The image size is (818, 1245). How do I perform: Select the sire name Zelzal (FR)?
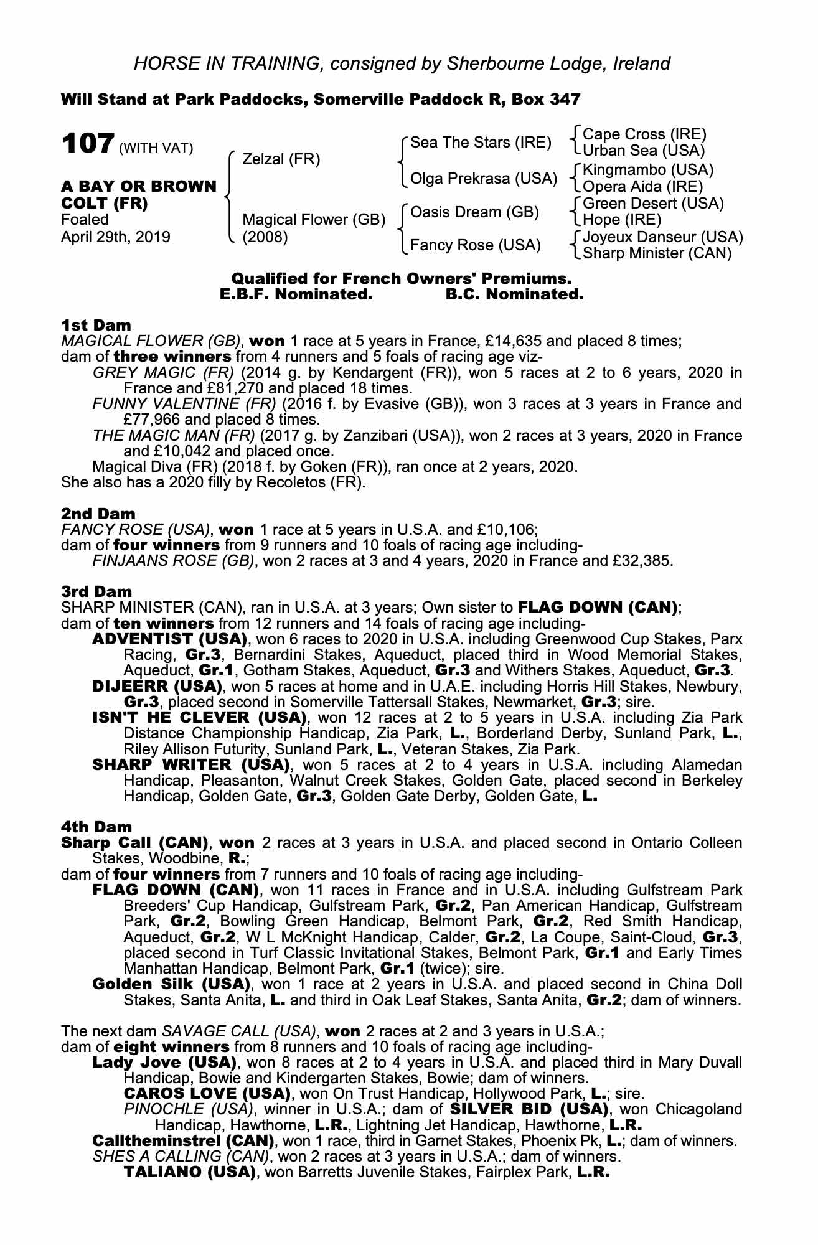coord(281,159)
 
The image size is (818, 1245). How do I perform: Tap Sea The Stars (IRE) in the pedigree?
coord(481,143)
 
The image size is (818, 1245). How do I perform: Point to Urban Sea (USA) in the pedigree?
coord(643,150)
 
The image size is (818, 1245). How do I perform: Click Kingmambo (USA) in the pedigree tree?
coord(647,170)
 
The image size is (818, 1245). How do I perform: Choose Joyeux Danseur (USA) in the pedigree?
coord(662,237)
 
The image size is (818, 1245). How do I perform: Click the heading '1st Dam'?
coord(96,325)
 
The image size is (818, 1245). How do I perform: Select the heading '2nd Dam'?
coord(98,514)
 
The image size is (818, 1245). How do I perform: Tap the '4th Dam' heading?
coord(97,827)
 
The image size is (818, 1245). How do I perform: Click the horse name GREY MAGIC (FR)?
coord(163,373)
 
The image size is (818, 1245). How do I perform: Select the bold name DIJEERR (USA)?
coord(157,687)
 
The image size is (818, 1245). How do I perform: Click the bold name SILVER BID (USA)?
coord(528,1109)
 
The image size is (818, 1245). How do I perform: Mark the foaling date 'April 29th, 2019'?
coord(116,237)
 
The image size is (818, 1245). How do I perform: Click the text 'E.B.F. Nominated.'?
coord(296,294)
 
